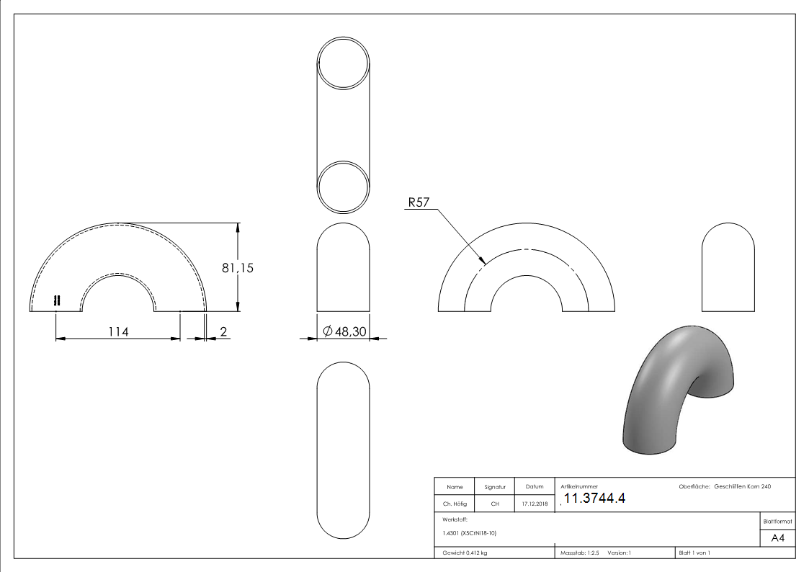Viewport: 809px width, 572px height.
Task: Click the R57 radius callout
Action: coord(419,202)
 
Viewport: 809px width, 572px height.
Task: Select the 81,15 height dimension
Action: coord(237,268)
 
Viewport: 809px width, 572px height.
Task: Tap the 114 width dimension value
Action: coord(118,331)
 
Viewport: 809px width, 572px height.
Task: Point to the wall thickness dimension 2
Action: coord(223,331)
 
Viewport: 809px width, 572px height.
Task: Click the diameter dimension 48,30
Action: coord(344,331)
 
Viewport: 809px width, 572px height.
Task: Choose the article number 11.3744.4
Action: coord(594,499)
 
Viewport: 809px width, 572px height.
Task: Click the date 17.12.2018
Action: coord(535,504)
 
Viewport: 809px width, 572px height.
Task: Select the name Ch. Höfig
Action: coord(455,504)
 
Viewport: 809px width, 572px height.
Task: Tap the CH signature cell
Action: coord(495,504)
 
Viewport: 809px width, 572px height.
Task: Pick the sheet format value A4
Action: coord(777,538)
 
